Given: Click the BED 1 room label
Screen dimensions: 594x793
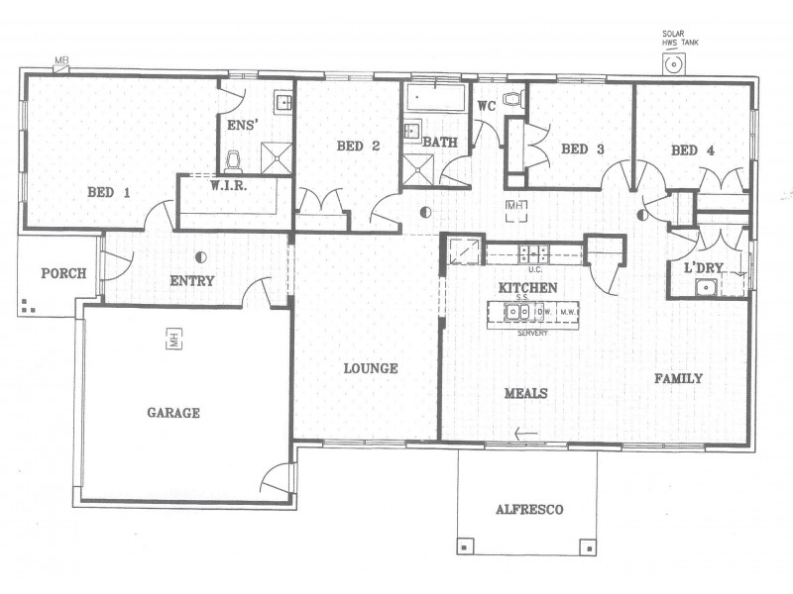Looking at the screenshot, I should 108,193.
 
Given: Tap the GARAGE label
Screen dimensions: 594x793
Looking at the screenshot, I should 173,413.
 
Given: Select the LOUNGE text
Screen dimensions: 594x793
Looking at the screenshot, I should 370,368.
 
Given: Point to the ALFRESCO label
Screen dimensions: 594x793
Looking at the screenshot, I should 529,510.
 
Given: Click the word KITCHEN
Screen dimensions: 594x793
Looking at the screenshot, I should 527,287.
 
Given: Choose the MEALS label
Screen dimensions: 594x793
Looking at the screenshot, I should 526,393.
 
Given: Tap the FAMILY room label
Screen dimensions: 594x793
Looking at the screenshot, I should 678,378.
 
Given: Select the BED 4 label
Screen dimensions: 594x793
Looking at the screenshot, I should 692,150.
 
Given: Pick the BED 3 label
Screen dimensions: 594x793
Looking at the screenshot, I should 583,149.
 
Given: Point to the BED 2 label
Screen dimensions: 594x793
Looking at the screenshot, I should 358,147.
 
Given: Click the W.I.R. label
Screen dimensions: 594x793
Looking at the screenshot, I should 228,186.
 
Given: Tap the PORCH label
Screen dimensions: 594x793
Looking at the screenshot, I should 62,274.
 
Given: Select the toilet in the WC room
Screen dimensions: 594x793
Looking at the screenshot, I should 512,99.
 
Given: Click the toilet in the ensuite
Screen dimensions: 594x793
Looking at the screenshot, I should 234,160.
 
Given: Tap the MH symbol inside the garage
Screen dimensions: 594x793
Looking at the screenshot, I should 172,339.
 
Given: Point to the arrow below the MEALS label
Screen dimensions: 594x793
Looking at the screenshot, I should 526,432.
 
